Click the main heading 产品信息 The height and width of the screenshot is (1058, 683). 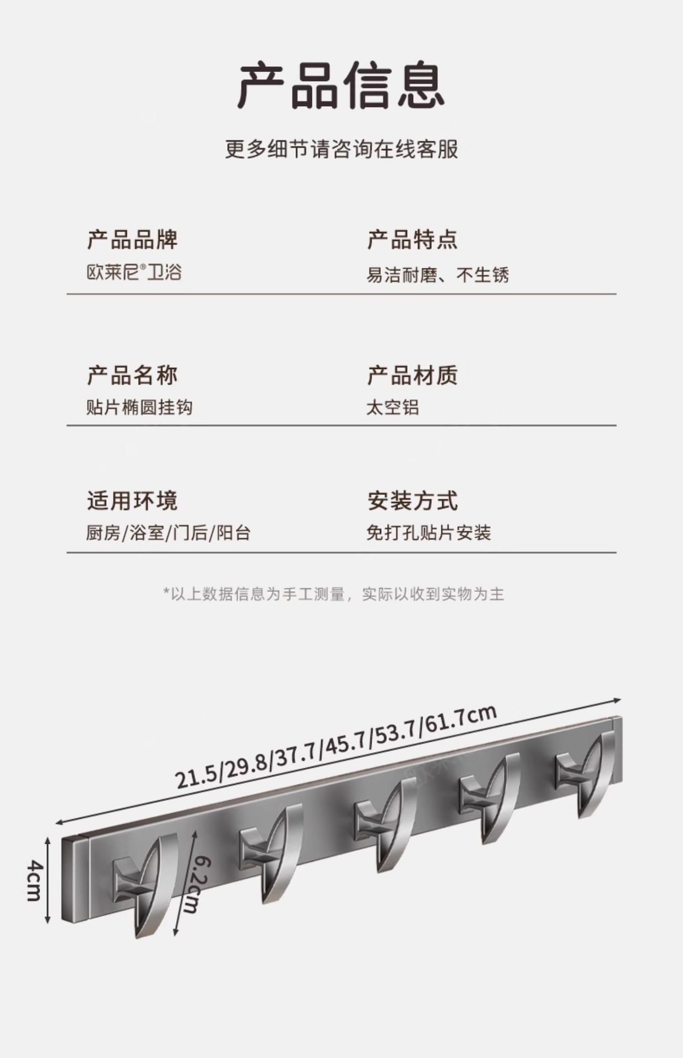point(341,86)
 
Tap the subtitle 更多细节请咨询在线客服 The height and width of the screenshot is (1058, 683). point(341,149)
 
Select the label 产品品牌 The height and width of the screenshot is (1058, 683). point(132,240)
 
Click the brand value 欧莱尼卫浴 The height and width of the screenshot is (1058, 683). point(134,272)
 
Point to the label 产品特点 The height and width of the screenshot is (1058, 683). point(412,240)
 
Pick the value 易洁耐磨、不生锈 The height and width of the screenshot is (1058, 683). point(437,274)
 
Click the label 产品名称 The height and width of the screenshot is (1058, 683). point(132,375)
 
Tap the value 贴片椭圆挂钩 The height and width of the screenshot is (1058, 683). point(139,407)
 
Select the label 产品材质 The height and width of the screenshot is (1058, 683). point(412,375)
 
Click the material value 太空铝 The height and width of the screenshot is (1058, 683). point(392,407)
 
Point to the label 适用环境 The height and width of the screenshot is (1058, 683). point(132,501)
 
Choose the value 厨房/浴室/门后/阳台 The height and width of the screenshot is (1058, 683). point(168,533)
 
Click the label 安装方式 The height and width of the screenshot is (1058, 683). point(412,501)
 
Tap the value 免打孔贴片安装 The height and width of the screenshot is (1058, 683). point(428,533)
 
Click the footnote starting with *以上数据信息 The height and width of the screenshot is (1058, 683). point(334,594)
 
